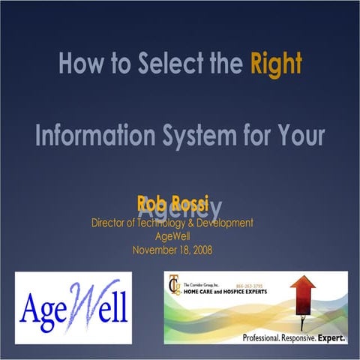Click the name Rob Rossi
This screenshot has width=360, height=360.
(x=172, y=203)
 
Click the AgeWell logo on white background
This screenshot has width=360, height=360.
(x=73, y=308)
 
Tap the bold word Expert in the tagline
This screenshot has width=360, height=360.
(x=333, y=338)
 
